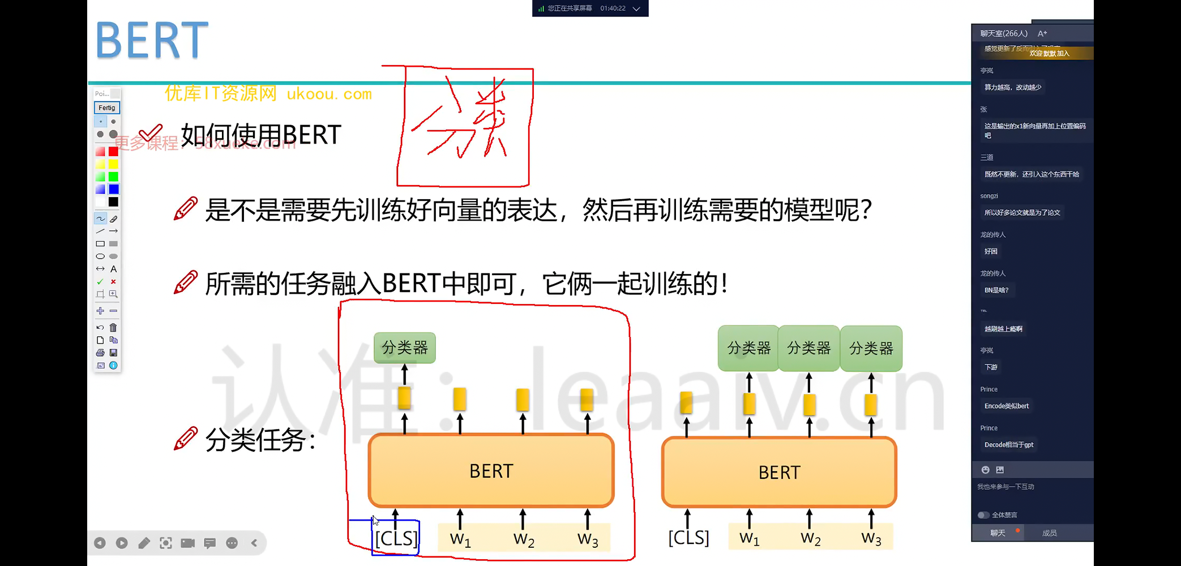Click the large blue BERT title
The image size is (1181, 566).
click(x=152, y=40)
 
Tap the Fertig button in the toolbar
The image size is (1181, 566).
click(x=106, y=108)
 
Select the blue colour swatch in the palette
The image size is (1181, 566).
click(x=114, y=189)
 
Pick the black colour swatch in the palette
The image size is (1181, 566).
click(x=114, y=201)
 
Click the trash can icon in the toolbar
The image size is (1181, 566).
click(x=113, y=327)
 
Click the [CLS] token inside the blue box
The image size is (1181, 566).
click(x=396, y=538)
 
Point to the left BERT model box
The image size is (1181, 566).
click(x=491, y=471)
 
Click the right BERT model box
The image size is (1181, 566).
click(x=779, y=472)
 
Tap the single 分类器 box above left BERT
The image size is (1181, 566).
click(x=405, y=348)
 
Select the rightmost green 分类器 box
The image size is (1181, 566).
click(x=871, y=349)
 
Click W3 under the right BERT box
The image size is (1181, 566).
click(x=871, y=538)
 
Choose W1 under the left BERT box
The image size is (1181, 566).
click(x=460, y=539)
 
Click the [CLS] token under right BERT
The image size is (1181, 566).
click(x=688, y=537)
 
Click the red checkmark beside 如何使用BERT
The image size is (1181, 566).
click(x=151, y=134)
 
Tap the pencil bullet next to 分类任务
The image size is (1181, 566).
click(x=186, y=439)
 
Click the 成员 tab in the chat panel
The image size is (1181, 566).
click(x=1049, y=533)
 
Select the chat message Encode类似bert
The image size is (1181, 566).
click(x=1006, y=406)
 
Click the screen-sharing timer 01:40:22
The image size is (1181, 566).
click(x=613, y=8)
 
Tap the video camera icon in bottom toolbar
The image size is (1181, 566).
click(x=187, y=543)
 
